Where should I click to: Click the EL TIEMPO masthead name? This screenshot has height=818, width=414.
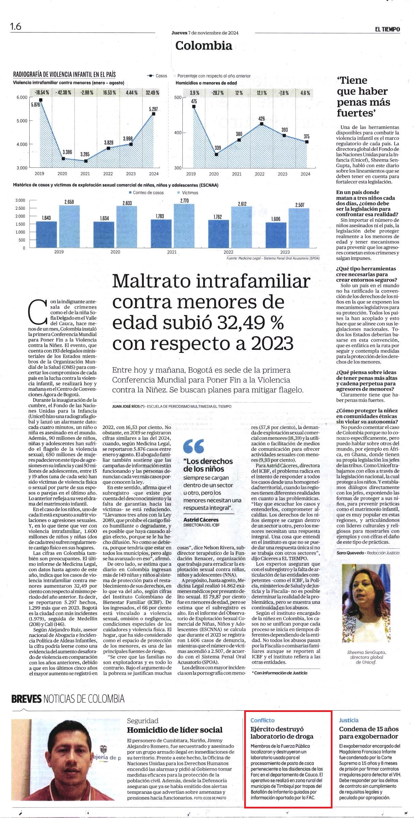[x=387, y=29]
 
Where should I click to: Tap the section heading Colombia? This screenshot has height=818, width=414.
[x=204, y=45]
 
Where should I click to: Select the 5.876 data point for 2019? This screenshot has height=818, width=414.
[x=41, y=100]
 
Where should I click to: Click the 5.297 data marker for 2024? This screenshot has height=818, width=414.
[x=154, y=114]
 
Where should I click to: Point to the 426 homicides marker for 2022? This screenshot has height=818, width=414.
[x=262, y=124]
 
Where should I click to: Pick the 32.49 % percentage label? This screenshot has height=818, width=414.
[x=152, y=92]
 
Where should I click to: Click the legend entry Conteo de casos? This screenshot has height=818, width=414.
[x=148, y=193]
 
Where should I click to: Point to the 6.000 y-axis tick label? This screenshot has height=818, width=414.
[x=21, y=98]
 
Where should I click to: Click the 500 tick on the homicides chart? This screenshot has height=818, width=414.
[x=178, y=98]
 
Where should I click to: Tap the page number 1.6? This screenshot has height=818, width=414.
[x=16, y=27]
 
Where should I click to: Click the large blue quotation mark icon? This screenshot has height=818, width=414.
[x=193, y=446]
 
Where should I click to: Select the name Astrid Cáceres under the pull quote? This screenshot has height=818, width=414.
[x=201, y=520]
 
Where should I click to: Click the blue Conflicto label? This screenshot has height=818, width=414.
[x=262, y=720]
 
